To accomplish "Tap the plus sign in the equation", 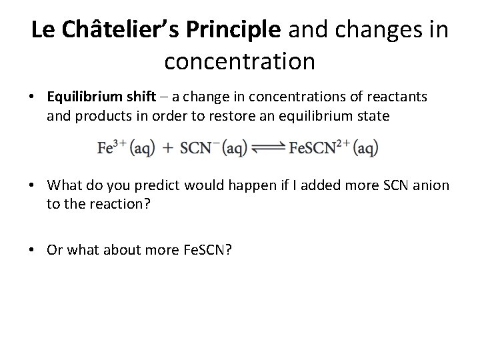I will click(167, 148).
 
